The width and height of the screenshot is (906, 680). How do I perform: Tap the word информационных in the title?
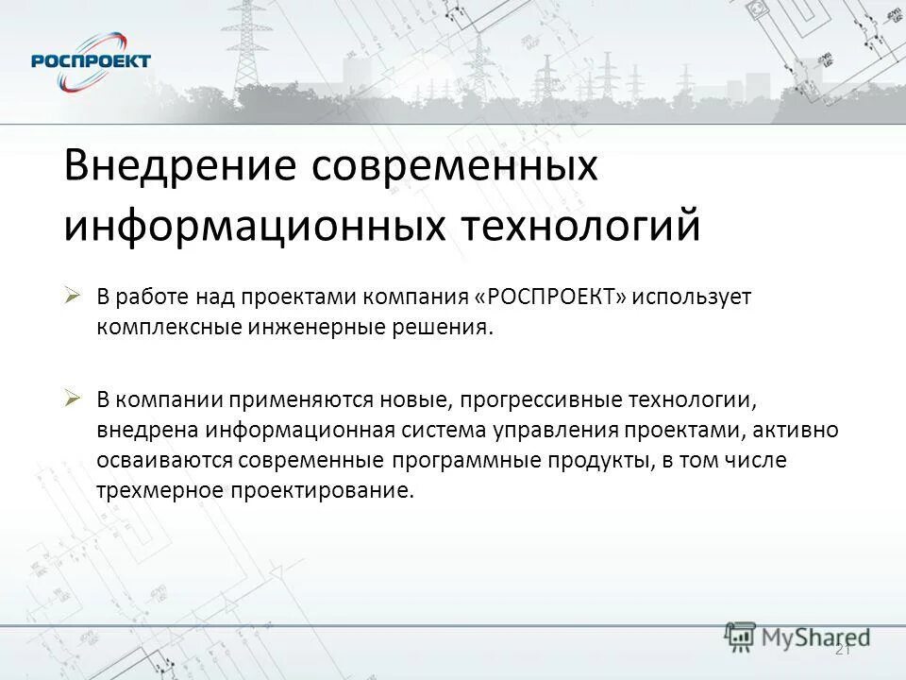(253, 227)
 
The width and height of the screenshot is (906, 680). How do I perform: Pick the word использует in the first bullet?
(692, 297)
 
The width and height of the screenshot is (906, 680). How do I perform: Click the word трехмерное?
(154, 492)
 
